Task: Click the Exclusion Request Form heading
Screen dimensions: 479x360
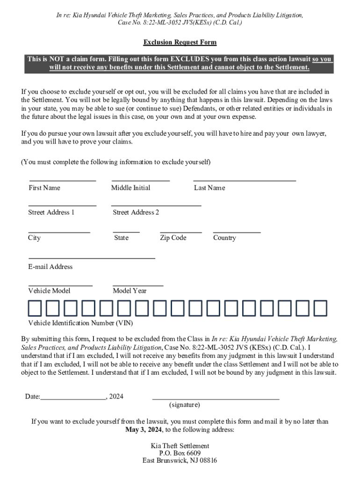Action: coord(180,43)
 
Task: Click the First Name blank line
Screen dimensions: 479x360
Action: coord(63,180)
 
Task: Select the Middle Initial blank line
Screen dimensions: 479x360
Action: coord(140,180)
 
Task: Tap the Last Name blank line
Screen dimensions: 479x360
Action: coord(245,180)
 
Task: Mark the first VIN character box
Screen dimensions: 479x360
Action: coord(35,309)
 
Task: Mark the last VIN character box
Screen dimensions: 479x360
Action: coord(320,309)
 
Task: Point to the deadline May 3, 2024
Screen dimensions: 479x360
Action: coord(144,430)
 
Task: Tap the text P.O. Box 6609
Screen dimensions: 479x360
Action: coord(180,453)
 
